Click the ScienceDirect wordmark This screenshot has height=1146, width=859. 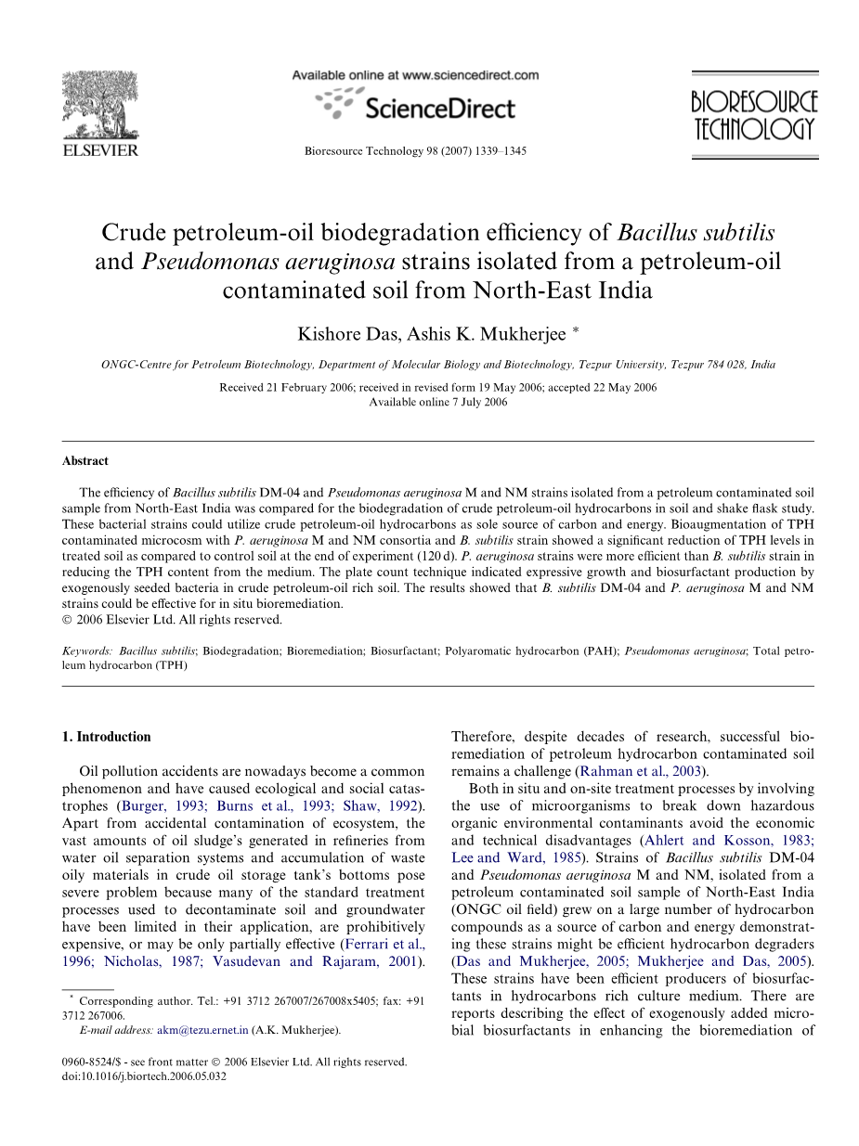439,109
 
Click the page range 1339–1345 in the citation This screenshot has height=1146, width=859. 500,150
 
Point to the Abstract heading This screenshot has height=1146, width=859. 85,461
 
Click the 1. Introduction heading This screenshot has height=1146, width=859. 106,737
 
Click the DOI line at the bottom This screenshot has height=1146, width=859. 144,1076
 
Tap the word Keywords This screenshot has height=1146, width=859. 87,651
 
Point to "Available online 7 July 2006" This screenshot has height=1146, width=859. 438,402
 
